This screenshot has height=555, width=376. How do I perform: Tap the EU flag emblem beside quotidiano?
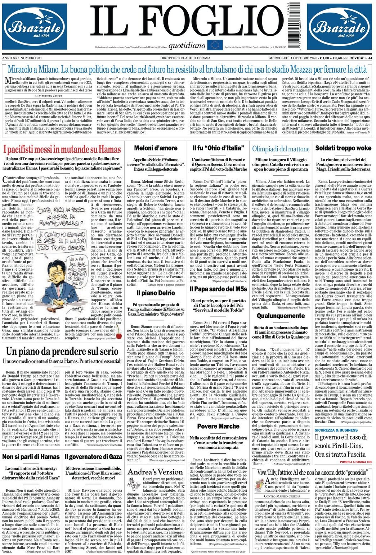215,45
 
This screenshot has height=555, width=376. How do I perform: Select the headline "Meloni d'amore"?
156,148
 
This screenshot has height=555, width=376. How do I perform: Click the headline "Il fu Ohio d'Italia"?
218,148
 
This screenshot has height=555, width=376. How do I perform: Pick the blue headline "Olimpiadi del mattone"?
281,149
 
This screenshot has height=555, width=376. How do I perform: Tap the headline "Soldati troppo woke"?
343,148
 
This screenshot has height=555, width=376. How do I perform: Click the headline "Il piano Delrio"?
156,293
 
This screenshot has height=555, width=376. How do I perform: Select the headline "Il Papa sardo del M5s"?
218,289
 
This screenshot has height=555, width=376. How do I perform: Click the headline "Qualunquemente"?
281,316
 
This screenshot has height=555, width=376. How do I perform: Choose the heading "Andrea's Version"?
156,472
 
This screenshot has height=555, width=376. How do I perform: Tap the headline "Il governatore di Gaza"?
94,457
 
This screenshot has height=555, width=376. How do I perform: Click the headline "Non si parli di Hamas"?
31,457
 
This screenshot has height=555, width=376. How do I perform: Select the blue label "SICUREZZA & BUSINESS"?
336,430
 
